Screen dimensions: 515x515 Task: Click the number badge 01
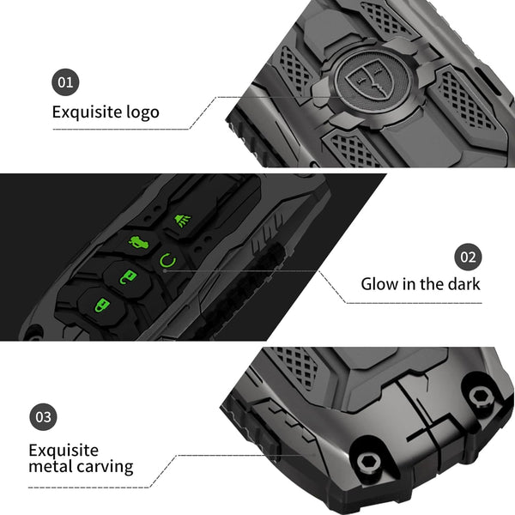point(65,82)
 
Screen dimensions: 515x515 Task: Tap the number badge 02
point(469,257)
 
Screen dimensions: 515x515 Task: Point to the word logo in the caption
point(142,112)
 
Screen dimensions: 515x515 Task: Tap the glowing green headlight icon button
point(183,220)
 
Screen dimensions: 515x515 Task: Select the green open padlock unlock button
point(127,276)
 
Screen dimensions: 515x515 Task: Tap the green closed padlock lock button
point(101,305)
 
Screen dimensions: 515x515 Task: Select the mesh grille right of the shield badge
point(467,101)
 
